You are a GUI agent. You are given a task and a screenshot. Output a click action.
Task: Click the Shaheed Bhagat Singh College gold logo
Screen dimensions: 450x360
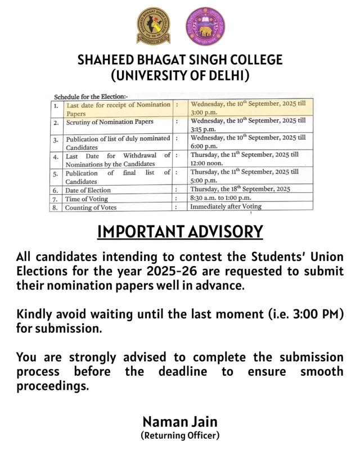[153, 26]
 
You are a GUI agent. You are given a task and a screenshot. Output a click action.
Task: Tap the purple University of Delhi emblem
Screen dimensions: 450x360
[205, 26]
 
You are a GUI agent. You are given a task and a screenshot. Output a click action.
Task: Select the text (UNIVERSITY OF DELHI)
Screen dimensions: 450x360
[180, 75]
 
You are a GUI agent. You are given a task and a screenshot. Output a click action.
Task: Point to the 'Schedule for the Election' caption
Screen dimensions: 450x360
[91, 96]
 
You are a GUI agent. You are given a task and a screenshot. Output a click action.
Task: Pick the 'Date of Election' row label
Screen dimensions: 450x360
[88, 190]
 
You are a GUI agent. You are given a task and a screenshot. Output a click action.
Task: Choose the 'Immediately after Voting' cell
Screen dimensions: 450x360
[226, 206]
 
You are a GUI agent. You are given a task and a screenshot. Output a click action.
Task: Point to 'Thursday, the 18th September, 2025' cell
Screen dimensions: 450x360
[241, 189]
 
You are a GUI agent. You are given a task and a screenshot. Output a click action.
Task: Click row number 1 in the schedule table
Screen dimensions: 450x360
[56, 105]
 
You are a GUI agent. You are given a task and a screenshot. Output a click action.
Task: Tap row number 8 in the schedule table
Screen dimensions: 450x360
[56, 208]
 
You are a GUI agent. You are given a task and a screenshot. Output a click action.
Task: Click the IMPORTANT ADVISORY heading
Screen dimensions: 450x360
[180, 232]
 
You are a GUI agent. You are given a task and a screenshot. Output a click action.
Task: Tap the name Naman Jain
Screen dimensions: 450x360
[180, 421]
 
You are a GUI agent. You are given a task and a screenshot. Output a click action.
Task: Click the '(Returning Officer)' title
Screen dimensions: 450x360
[180, 435]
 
